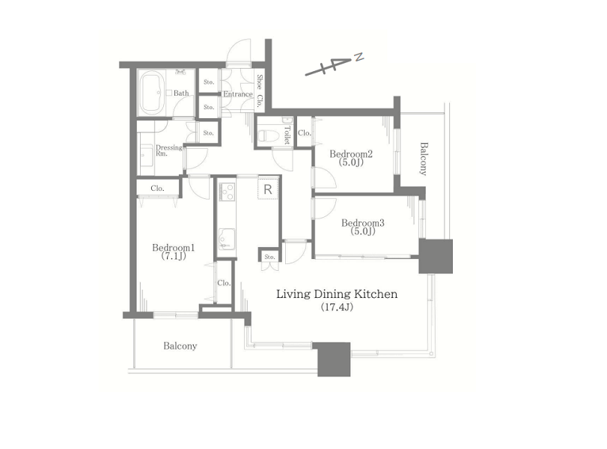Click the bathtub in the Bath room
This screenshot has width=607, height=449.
click(151, 93)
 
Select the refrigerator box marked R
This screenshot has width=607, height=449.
click(268, 189)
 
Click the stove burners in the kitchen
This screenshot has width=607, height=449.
click(227, 192)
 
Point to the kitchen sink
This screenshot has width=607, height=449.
click(226, 239)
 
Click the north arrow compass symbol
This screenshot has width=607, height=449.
click(335, 64)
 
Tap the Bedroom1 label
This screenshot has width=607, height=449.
click(173, 248)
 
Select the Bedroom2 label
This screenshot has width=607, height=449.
click(351, 153)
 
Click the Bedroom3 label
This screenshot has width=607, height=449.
click(362, 223)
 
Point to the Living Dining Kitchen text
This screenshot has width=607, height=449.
click(337, 294)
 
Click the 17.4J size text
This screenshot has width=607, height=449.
click(337, 308)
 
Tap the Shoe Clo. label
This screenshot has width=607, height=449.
click(260, 91)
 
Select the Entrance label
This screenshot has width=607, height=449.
click(238, 94)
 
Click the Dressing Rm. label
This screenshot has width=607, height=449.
click(168, 150)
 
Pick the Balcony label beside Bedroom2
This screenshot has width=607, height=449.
click(424, 159)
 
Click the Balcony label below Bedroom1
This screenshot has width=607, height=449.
click(180, 346)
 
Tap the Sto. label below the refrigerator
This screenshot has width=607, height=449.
click(270, 257)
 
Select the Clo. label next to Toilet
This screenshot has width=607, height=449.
click(305, 132)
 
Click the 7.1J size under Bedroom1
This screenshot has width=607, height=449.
click(174, 256)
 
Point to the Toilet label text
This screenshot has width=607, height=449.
click(287, 135)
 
